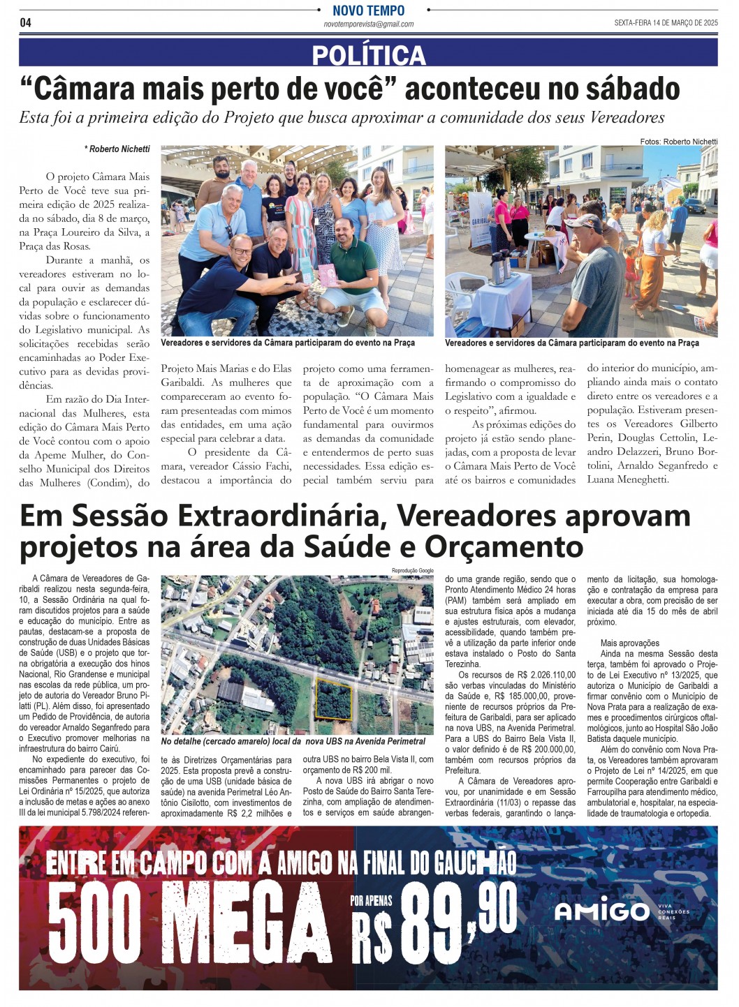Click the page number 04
coord(25,22)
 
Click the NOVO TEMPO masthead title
coord(368,10)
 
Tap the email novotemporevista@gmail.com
coord(368,24)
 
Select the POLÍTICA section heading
coord(368,54)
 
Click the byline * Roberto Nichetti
coord(117,149)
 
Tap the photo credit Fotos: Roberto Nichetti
coord(678,142)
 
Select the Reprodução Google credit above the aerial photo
coord(412,571)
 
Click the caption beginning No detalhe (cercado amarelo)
coord(293,741)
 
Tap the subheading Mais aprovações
coord(629,643)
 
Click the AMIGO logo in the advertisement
coord(601,911)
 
